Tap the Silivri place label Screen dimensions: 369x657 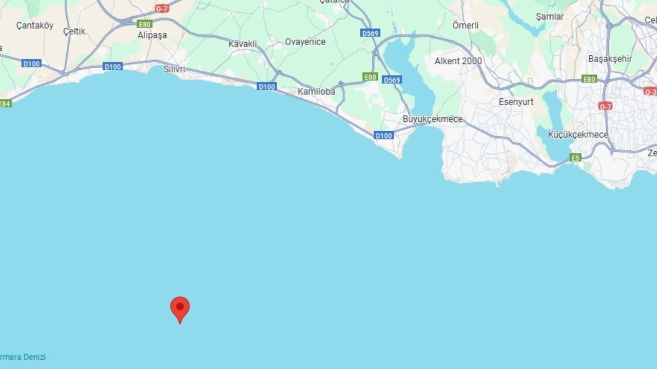point(174,69)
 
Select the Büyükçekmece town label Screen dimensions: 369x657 point(432,119)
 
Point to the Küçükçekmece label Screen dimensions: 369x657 point(577,135)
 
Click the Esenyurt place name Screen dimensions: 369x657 point(516,102)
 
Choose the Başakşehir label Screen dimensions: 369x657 point(610,59)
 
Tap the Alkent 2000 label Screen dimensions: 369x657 point(458,61)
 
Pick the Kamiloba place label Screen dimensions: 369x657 point(316,92)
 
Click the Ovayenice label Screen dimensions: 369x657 point(305,42)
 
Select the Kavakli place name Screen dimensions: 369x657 point(242,44)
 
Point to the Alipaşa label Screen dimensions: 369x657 point(152,35)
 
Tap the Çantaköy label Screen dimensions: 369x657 point(34,25)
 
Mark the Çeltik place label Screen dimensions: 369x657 point(74,32)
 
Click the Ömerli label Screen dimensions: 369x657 point(465,25)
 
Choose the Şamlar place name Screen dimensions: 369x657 point(549,16)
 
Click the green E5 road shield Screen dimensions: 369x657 point(576,158)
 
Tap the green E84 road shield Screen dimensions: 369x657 point(4,104)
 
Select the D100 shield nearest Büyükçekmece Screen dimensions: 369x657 point(383,136)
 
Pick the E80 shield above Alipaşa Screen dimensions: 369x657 point(144,24)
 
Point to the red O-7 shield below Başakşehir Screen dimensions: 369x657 point(605,106)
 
